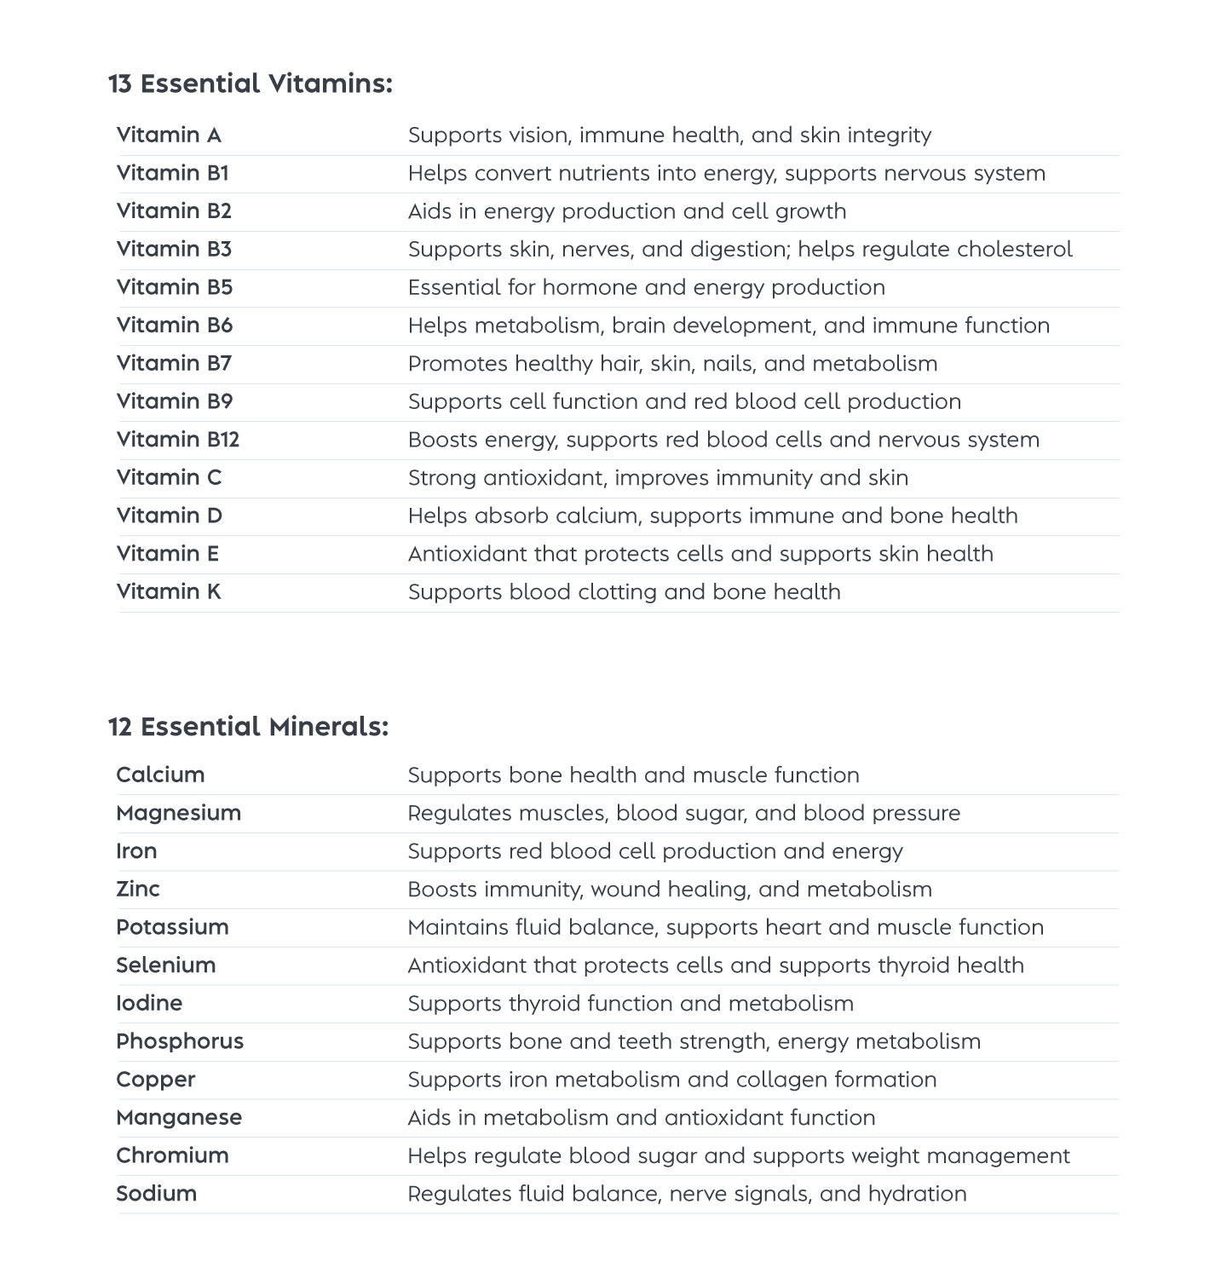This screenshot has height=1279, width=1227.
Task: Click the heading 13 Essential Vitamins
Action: (250, 84)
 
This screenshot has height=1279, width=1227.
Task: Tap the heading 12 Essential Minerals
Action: (248, 727)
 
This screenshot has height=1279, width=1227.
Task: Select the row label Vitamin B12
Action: (177, 440)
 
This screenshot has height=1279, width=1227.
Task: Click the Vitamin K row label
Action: (169, 591)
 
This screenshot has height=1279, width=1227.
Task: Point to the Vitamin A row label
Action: (169, 135)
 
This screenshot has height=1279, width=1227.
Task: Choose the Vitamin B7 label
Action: (174, 363)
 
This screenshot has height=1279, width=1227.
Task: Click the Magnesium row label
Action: (178, 813)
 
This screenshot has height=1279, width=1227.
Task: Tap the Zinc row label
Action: (138, 889)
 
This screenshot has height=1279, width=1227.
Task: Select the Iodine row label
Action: (149, 1003)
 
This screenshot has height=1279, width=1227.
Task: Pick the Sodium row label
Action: (156, 1194)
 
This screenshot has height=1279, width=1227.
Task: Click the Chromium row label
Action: (172, 1155)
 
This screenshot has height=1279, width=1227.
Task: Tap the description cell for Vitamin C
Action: (658, 477)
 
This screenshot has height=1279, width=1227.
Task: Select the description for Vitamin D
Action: (712, 516)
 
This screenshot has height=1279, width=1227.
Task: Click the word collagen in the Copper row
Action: (781, 1080)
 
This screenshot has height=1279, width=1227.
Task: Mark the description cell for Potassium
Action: (725, 927)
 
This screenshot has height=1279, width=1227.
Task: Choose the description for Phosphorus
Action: (694, 1041)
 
